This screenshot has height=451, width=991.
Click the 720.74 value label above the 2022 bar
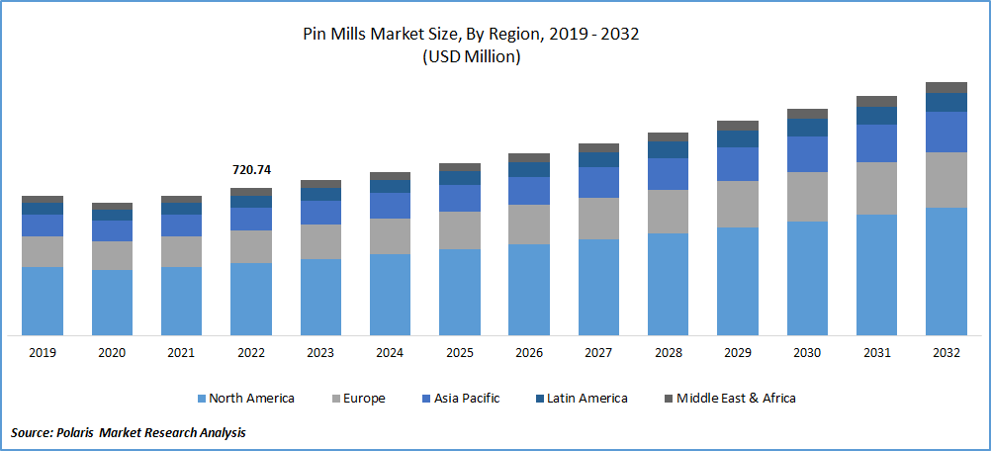pos(251,170)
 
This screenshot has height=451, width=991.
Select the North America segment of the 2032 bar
pos(946,271)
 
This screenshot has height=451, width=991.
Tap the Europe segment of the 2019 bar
pos(43,251)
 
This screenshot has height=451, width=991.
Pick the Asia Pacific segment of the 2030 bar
pos(807,154)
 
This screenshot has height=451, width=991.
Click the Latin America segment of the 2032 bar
pos(946,102)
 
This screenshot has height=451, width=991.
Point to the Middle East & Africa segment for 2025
pos(460,167)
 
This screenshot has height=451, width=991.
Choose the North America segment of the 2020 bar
pos(112,303)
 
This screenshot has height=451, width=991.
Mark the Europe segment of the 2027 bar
pos(598,219)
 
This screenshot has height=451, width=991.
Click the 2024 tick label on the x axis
pos(390,353)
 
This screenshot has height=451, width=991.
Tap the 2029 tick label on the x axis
pos(738,353)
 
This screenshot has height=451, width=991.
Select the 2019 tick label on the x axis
pos(43,353)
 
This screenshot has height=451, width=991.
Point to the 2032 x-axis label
pos(946,353)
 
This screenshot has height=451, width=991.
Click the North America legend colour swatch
pos(202,399)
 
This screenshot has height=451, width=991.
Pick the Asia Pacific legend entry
pos(467,399)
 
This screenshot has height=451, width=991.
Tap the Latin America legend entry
pos(588,399)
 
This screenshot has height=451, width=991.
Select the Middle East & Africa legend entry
pos(737,399)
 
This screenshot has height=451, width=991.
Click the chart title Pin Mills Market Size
pos(471,35)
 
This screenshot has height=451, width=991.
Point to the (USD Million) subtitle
pos(471,56)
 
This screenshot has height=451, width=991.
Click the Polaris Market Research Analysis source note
pos(129,432)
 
